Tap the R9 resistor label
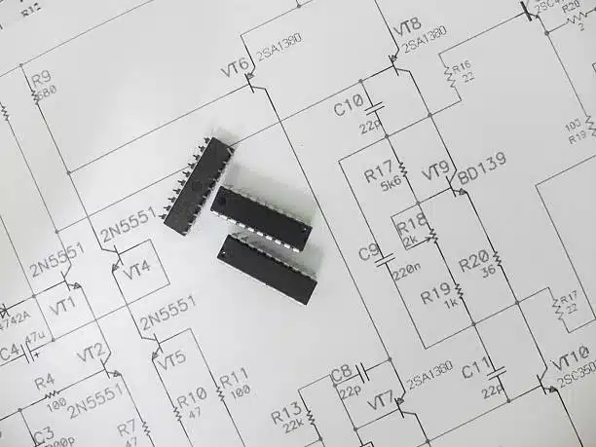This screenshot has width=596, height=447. pos(40,78)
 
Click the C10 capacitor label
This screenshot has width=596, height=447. pos(348,106)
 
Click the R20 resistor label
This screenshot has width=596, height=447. pos(473,258)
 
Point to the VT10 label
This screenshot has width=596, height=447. pos(572,355)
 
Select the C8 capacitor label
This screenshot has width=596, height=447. pos(342,372)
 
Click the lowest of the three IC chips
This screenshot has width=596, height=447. pos(267,269)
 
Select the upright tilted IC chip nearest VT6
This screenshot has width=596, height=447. pos(198,186)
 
